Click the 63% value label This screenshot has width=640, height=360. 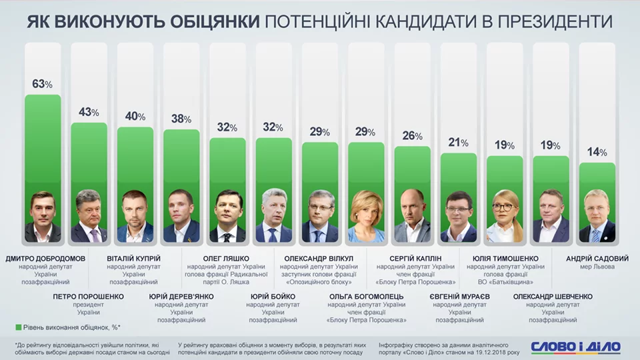pyautogui.click(x=42, y=84)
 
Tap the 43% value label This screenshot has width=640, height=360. pyautogui.click(x=89, y=113)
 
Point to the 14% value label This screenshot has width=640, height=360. pyautogui.click(x=597, y=152)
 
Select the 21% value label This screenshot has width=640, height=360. pyautogui.click(x=459, y=142)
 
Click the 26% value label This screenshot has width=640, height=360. pyautogui.click(x=412, y=135)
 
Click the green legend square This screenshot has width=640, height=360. pyautogui.click(x=18, y=327)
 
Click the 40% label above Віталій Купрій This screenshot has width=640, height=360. pyautogui.click(x=135, y=117)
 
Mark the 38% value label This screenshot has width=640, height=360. pyautogui.click(x=181, y=119)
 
